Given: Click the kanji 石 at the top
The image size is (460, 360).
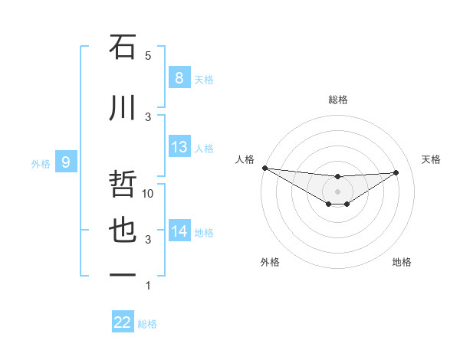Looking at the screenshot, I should tap(123, 47).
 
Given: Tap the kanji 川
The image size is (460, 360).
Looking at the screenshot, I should tap(123, 110).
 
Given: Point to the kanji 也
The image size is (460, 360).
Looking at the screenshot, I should tap(123, 231).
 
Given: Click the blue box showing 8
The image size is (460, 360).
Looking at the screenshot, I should tap(179, 77).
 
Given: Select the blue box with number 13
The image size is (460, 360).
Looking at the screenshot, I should tap(179, 146).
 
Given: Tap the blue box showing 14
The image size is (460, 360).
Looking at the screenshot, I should tap(179, 231).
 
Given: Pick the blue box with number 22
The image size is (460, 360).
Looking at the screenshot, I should tap(123, 322).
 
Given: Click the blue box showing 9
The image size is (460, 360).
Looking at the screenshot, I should tap(66, 162).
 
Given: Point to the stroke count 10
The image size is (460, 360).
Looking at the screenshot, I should tap(149, 194).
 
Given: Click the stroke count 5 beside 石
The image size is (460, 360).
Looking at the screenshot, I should tap(148, 56).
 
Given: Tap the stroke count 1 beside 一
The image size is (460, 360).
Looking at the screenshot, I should tap(148, 286).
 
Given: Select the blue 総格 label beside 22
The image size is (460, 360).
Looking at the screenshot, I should tap(147, 324).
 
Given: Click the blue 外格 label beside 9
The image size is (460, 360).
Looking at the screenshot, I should tap(41, 163).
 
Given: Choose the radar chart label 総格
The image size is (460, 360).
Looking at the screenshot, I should tap(337, 100).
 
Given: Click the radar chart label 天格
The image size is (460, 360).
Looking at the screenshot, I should tap(431, 159).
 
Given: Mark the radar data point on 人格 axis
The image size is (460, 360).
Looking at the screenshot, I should tap(264, 168).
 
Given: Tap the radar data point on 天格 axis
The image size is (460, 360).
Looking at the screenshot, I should tap(396, 172).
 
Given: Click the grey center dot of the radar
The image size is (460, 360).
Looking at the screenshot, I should tap(337, 191).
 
